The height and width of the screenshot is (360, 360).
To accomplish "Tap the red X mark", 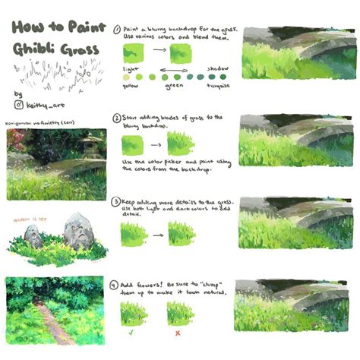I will click(178, 333).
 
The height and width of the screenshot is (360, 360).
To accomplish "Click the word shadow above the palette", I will click(217, 68).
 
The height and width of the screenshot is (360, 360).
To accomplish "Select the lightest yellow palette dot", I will click(128, 76).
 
